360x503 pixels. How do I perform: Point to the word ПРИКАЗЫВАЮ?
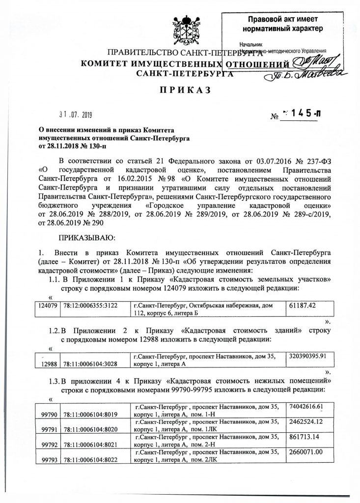click(87, 239)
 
